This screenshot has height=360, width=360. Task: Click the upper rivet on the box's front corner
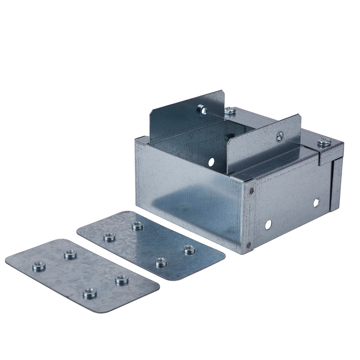click(251, 191)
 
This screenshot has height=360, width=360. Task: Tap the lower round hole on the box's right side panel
click(268, 225)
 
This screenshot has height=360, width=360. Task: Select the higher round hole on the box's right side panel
click(316, 202)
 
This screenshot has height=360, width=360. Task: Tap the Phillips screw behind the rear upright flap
click(229, 110)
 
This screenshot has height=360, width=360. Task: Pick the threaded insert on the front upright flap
click(279, 136)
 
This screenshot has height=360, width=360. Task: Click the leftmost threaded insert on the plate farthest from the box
click(39, 266)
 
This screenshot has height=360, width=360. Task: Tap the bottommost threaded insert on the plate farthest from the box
click(90, 293)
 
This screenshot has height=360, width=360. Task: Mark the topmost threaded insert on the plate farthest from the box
click(70, 253)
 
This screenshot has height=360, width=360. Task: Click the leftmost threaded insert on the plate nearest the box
click(109, 237)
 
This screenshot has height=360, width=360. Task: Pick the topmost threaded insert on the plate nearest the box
click(138, 226)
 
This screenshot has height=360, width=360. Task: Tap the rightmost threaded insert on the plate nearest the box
click(189, 249)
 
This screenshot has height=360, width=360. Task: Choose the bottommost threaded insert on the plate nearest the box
click(161, 262)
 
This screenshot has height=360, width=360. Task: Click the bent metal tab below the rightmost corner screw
click(328, 156)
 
